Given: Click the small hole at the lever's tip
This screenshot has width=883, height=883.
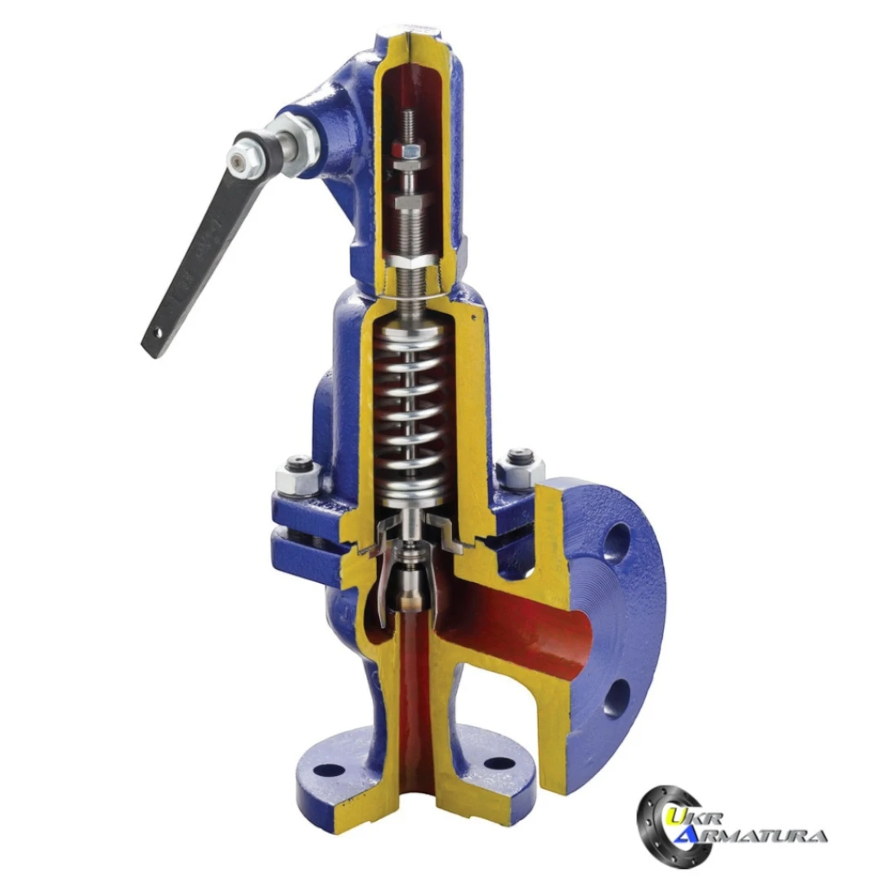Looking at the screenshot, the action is pyautogui.click(x=159, y=334).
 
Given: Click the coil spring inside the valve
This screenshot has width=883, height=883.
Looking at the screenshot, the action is pyautogui.click(x=413, y=411).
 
